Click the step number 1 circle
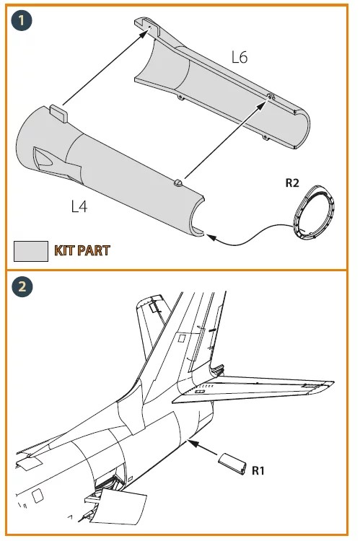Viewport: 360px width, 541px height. pos(22,20)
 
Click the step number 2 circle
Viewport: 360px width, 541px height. pos(22,286)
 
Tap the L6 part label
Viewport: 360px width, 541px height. pos(240,57)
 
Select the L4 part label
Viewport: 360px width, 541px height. pos(79,206)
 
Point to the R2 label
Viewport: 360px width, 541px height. pos(292,182)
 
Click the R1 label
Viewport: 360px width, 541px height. pos(258,470)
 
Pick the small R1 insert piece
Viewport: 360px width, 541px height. pos(232,463)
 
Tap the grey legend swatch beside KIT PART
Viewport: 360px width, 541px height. pos(31,251)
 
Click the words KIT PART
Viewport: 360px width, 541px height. pos(82,250)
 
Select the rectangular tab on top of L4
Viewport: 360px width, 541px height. pos(58,113)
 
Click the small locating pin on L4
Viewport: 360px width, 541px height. pos(177,182)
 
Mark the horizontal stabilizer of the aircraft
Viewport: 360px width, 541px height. pos(253,388)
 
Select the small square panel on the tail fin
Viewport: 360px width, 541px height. pos(182,338)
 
